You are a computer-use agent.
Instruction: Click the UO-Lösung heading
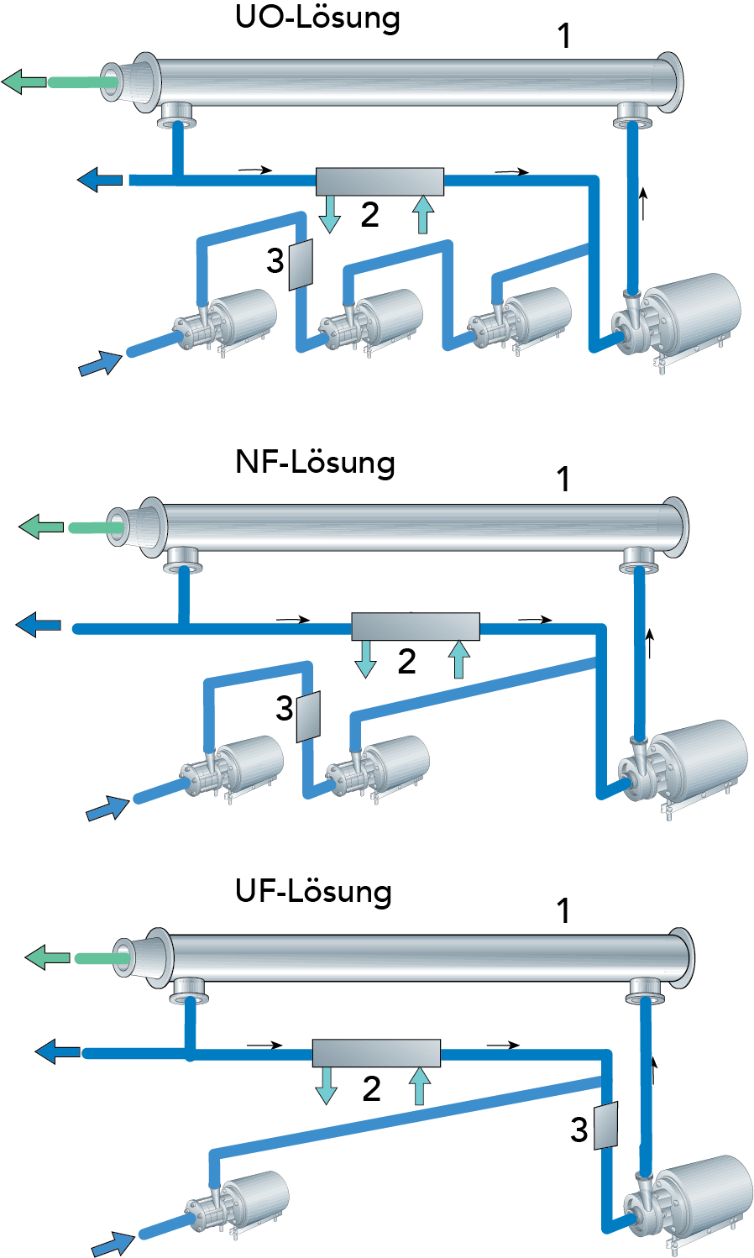[317, 18]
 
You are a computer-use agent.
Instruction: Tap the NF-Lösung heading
[315, 463]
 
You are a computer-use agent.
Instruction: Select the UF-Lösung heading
[313, 891]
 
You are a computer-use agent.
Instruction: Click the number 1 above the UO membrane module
[564, 36]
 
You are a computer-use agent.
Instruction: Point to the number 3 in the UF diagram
[579, 1130]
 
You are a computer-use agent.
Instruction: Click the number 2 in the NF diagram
[406, 662]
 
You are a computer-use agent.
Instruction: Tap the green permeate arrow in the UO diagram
[24, 81]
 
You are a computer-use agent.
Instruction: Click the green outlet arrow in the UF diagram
[47, 957]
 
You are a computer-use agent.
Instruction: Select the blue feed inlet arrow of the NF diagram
[107, 810]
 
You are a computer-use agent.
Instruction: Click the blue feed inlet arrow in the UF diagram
[113, 1244]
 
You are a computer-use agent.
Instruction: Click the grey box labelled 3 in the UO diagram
[301, 265]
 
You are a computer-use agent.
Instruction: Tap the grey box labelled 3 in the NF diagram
[309, 717]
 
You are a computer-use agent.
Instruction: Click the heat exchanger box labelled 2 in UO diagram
[380, 181]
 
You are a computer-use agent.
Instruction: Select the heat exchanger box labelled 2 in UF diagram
[376, 1053]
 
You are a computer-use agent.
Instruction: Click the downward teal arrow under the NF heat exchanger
[365, 659]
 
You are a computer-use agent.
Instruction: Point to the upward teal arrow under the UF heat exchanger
[419, 1087]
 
